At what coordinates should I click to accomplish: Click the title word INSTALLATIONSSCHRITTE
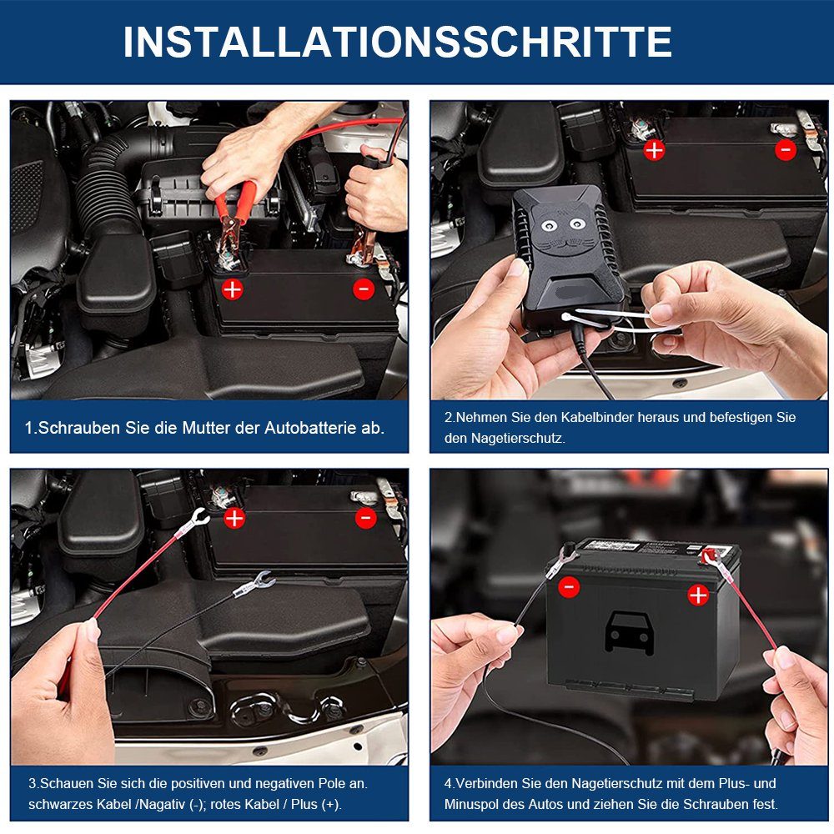397,42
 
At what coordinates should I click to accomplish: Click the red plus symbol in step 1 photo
232,289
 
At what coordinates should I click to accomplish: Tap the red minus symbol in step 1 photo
364,289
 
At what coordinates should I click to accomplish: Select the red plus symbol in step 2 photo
655,150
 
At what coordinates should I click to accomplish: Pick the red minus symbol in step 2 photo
786,150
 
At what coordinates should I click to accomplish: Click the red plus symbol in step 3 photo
234,518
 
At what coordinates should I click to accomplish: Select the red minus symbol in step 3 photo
365,518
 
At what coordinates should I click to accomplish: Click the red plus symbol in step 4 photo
698,595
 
